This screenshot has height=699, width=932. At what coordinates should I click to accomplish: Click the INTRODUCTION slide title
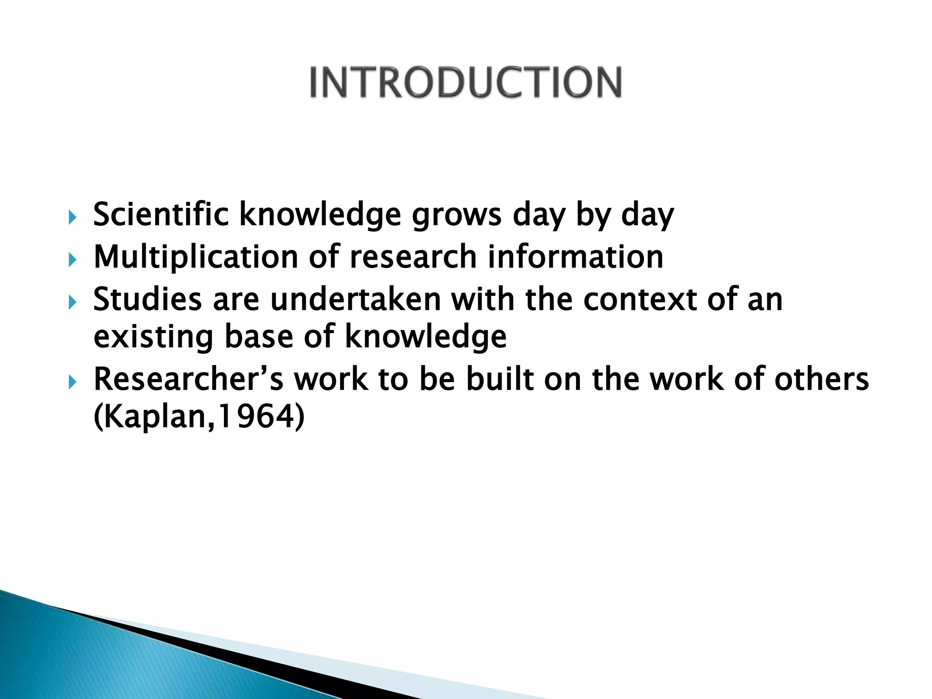point(466,82)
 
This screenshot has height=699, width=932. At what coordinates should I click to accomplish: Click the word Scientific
point(161,214)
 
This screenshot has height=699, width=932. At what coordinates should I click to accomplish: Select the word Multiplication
point(196,258)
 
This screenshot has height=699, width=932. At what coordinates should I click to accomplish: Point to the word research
point(413,257)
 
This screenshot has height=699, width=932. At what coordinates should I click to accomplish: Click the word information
point(576,257)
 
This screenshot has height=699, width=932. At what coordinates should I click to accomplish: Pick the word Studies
point(147,299)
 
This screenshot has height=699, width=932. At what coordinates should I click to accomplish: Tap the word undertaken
point(355,299)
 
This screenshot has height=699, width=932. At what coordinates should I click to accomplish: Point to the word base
point(258,337)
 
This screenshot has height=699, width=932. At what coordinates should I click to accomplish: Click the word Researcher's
point(188,379)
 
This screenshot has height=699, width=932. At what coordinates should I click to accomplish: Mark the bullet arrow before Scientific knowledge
point(72,218)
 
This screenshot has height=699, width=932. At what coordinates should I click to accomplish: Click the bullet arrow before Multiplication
point(72,260)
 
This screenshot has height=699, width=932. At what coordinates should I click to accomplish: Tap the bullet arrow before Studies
point(72,302)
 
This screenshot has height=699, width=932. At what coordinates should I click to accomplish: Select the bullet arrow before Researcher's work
point(72,382)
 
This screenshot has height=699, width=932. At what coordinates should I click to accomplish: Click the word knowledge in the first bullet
point(320,214)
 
